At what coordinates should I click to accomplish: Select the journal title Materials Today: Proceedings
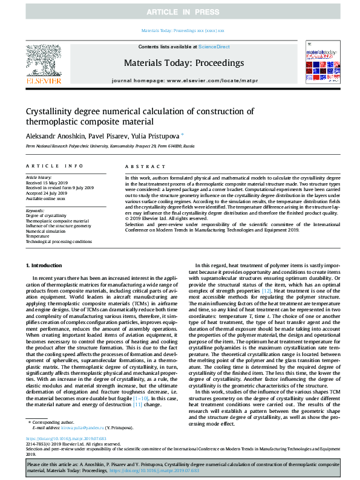pyautogui.click(x=183, y=62)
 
